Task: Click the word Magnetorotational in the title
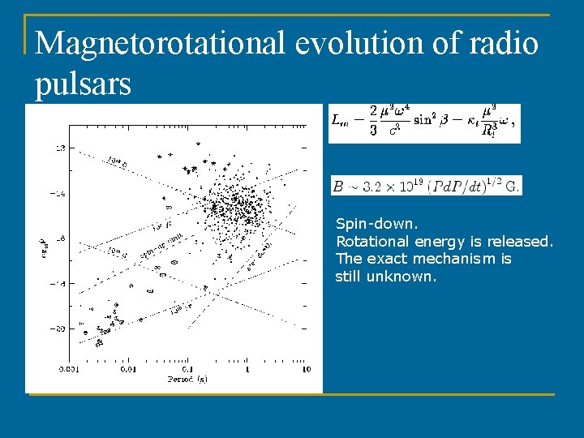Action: click(161, 43)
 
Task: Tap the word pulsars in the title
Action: click(83, 83)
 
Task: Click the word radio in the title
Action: click(508, 43)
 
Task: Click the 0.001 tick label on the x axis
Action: click(69, 369)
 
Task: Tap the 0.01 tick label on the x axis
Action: click(128, 369)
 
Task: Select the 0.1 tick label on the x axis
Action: click(187, 369)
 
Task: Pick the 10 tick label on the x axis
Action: click(306, 369)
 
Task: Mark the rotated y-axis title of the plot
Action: click(43, 243)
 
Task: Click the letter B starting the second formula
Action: click(337, 186)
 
